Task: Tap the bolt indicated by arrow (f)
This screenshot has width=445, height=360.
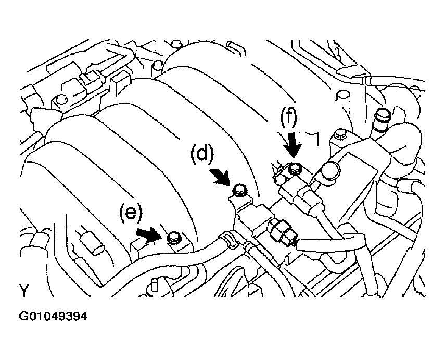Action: pyautogui.click(x=295, y=168)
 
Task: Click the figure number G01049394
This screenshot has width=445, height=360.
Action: pyautogui.click(x=54, y=316)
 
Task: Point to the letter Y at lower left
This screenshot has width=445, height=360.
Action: pyautogui.click(x=24, y=290)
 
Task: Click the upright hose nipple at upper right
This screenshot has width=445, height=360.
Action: pyautogui.click(x=382, y=118)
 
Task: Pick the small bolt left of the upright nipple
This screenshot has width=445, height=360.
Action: pyautogui.click(x=340, y=134)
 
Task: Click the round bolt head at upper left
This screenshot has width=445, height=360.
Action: pyautogui.click(x=61, y=100)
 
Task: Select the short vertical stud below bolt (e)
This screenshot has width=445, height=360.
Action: pyautogui.click(x=154, y=285)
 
